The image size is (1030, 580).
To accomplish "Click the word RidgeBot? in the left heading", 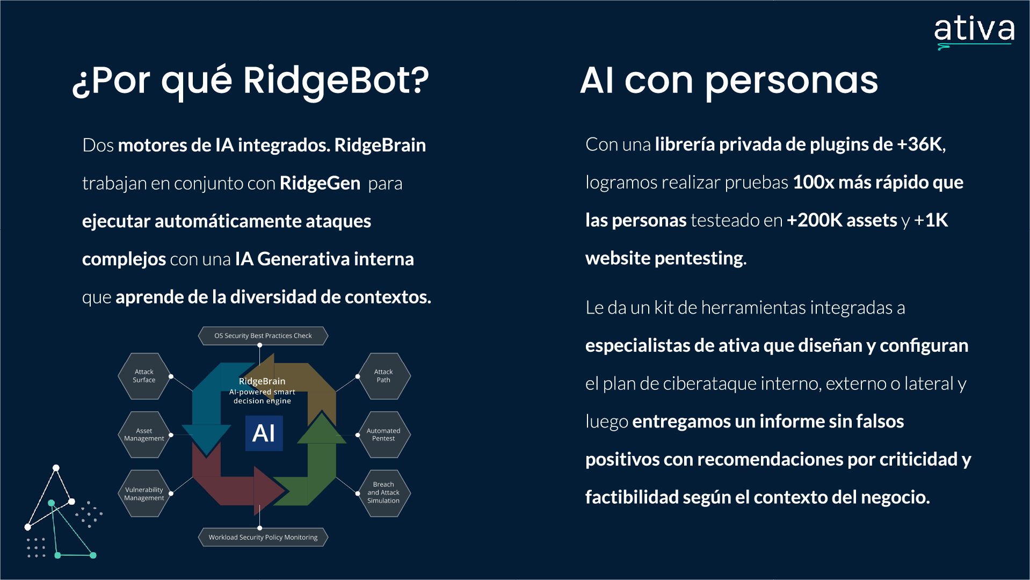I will [x=336, y=81].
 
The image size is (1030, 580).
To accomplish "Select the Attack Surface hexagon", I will [x=144, y=376].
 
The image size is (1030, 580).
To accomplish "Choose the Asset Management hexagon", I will [x=144, y=434].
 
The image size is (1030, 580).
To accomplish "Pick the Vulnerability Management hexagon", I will [x=144, y=494].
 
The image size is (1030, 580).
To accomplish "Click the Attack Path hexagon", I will [x=383, y=376].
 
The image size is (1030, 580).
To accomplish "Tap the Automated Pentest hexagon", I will [x=383, y=434].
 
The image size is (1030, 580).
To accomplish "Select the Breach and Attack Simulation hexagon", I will [x=383, y=492].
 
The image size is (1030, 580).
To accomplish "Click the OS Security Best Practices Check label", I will [x=263, y=336].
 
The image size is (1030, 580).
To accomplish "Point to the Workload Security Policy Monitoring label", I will [x=263, y=537].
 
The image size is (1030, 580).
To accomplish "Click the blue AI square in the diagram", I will [x=264, y=433].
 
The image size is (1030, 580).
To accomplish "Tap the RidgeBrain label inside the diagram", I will [x=262, y=381].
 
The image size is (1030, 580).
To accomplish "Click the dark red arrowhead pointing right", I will [x=269, y=490].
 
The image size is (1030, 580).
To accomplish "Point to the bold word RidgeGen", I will [x=320, y=184].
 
